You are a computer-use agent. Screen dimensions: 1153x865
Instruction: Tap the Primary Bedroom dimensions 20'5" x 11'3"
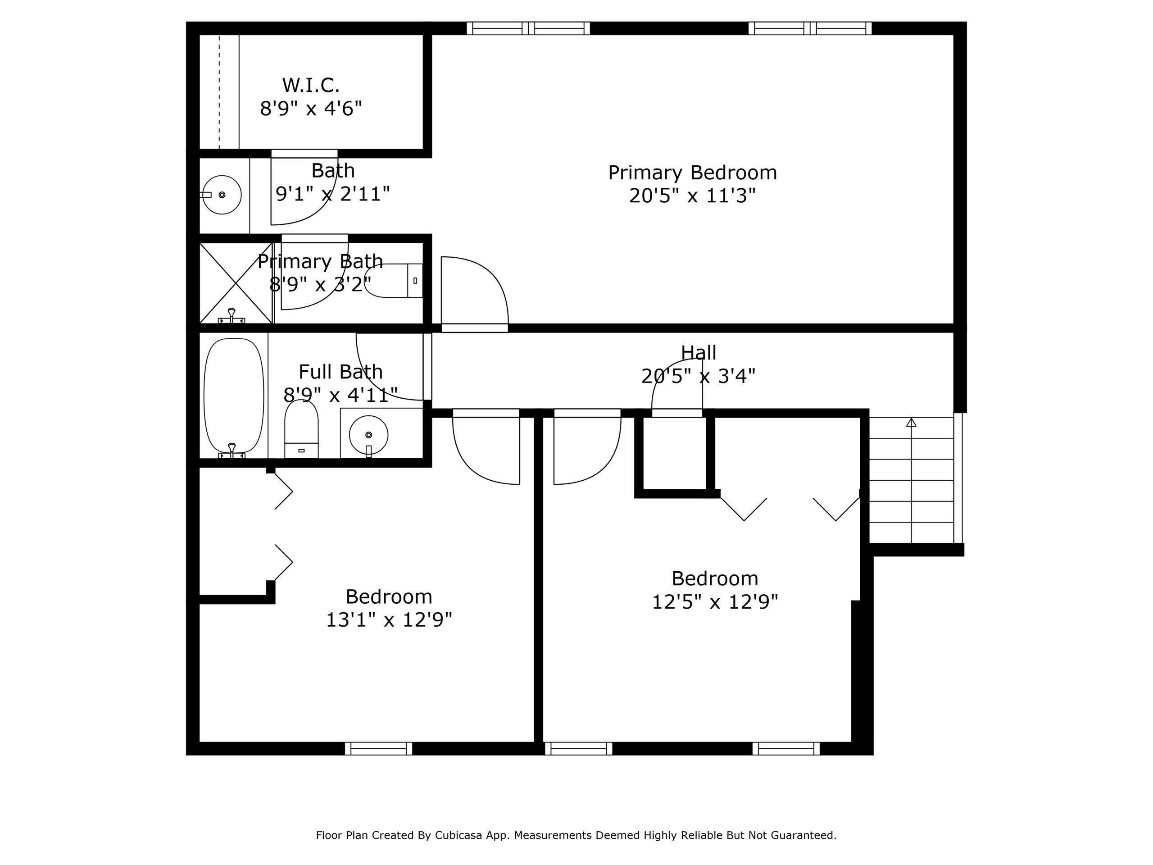(692, 196)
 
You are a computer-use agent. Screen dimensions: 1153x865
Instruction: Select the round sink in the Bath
(222, 195)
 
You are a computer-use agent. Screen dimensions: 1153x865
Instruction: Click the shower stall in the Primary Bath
(236, 283)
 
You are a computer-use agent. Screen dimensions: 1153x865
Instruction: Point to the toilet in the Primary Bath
(394, 281)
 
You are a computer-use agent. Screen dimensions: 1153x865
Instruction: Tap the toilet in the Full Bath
(301, 428)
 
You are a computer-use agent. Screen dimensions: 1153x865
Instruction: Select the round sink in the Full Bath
(368, 435)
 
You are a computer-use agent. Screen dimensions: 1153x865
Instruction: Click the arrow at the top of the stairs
(911, 422)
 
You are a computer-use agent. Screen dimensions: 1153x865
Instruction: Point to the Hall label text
(699, 352)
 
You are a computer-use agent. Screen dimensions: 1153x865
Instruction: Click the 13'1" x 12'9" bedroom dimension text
(389, 620)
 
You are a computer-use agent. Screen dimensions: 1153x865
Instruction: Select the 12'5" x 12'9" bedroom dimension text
(715, 602)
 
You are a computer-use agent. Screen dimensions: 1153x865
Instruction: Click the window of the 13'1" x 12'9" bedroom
(378, 749)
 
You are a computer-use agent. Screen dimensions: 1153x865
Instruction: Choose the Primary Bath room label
(320, 261)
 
